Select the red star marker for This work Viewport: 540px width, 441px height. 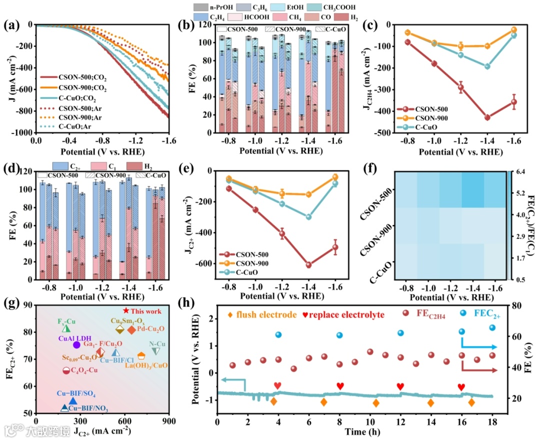pyautogui.click(x=126, y=311)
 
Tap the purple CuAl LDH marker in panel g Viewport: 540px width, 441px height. pyautogui.click(x=76, y=344)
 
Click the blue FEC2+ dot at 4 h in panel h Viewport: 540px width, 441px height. pyautogui.click(x=278, y=334)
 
